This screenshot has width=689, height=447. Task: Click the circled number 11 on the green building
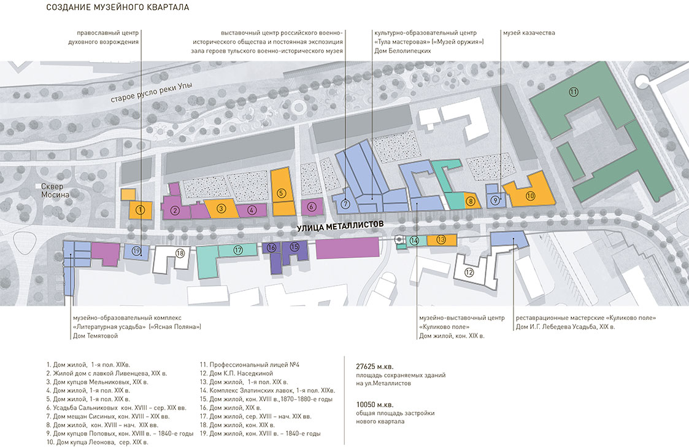coord(573,92)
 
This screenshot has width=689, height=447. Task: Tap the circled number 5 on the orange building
coord(282,193)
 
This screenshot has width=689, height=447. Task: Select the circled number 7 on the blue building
coord(345,204)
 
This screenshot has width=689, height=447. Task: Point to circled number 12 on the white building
coord(469,273)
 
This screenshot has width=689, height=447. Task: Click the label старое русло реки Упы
coord(151,93)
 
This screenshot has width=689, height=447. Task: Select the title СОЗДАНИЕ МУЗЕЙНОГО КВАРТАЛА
coord(118,7)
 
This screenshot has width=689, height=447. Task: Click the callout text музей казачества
coord(529,33)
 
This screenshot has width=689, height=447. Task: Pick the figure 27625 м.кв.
coord(375,366)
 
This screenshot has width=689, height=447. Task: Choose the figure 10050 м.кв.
coord(375,404)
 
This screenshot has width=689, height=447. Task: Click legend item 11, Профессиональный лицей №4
coord(250,365)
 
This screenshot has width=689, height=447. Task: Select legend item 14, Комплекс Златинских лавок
coord(267,391)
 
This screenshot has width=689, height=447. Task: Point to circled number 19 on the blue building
coord(136,251)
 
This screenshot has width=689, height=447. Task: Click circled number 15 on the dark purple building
coord(294,247)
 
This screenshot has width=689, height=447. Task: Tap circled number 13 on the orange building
coord(441,240)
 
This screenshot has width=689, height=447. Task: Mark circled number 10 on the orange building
coord(530,196)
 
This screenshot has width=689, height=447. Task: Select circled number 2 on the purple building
coord(175,211)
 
